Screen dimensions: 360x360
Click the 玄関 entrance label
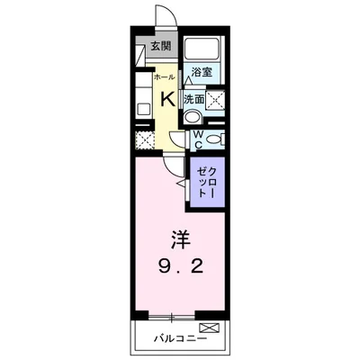point(160,48)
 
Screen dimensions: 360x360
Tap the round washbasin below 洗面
point(192,118)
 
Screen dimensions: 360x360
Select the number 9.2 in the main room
point(181,267)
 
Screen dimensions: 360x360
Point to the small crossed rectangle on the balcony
point(209,327)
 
